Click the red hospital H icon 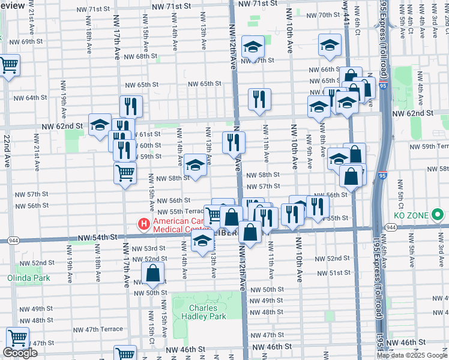click(x=143, y=224)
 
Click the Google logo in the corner click(x=20, y=353)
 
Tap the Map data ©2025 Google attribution click(x=412, y=355)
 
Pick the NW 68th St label click(x=138, y=56)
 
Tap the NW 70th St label click(x=328, y=14)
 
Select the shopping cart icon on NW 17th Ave click(x=125, y=173)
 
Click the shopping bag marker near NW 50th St click(x=154, y=273)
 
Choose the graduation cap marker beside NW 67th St click(x=253, y=47)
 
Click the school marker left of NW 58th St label click(x=195, y=166)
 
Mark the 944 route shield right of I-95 click(x=390, y=227)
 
